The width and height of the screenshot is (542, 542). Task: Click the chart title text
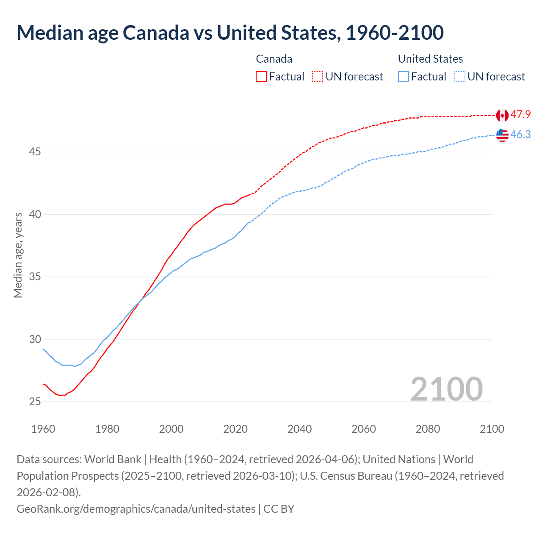[230, 33]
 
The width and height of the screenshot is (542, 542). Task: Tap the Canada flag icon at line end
[502, 115]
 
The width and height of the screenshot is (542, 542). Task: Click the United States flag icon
[502, 135]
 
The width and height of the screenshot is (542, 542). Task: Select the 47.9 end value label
[520, 115]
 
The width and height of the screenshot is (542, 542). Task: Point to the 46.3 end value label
[520, 135]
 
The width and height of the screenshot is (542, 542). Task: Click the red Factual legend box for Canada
[261, 77]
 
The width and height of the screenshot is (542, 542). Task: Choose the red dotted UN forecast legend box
[318, 77]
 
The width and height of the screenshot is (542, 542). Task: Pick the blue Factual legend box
[404, 77]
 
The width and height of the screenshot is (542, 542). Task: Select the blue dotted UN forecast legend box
[459, 77]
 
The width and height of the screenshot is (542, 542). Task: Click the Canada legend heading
[274, 59]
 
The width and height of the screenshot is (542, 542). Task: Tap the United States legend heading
[430, 59]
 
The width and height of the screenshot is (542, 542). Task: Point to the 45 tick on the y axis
[35, 152]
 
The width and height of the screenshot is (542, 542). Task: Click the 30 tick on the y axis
[35, 339]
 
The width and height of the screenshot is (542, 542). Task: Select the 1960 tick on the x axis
[43, 429]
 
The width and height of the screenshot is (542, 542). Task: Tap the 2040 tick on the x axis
[299, 429]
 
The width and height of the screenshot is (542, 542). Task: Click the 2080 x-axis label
[428, 429]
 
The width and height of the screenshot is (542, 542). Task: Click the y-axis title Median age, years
[18, 255]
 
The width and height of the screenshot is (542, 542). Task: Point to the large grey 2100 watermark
[446, 389]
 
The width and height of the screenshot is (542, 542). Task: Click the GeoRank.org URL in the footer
[136, 509]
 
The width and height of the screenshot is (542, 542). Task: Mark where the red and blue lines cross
[141, 300]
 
